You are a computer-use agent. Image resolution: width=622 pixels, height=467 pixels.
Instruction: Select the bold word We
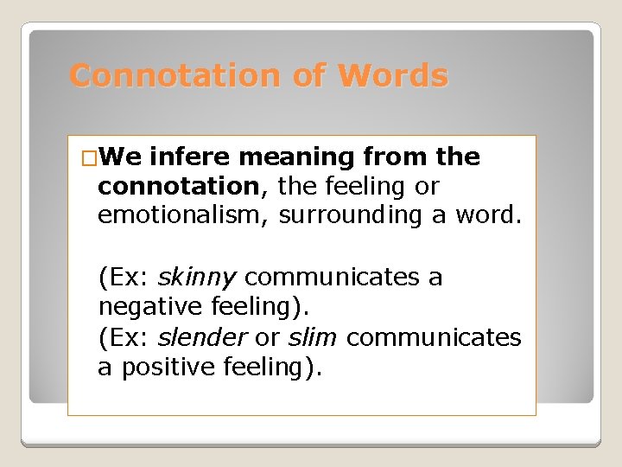tap(120, 157)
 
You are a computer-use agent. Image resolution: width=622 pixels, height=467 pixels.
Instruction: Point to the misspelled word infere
tap(190, 157)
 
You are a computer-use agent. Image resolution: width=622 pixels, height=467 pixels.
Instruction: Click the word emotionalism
tap(183, 215)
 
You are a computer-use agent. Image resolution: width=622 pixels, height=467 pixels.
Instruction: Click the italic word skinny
tap(196, 278)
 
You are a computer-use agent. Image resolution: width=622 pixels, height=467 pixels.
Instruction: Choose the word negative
tap(150, 307)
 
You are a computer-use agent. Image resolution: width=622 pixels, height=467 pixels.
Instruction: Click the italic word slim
tap(313, 337)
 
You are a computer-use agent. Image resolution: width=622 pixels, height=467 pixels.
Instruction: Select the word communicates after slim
tap(434, 337)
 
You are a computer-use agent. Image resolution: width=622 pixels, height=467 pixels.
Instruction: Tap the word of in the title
tap(308, 76)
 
